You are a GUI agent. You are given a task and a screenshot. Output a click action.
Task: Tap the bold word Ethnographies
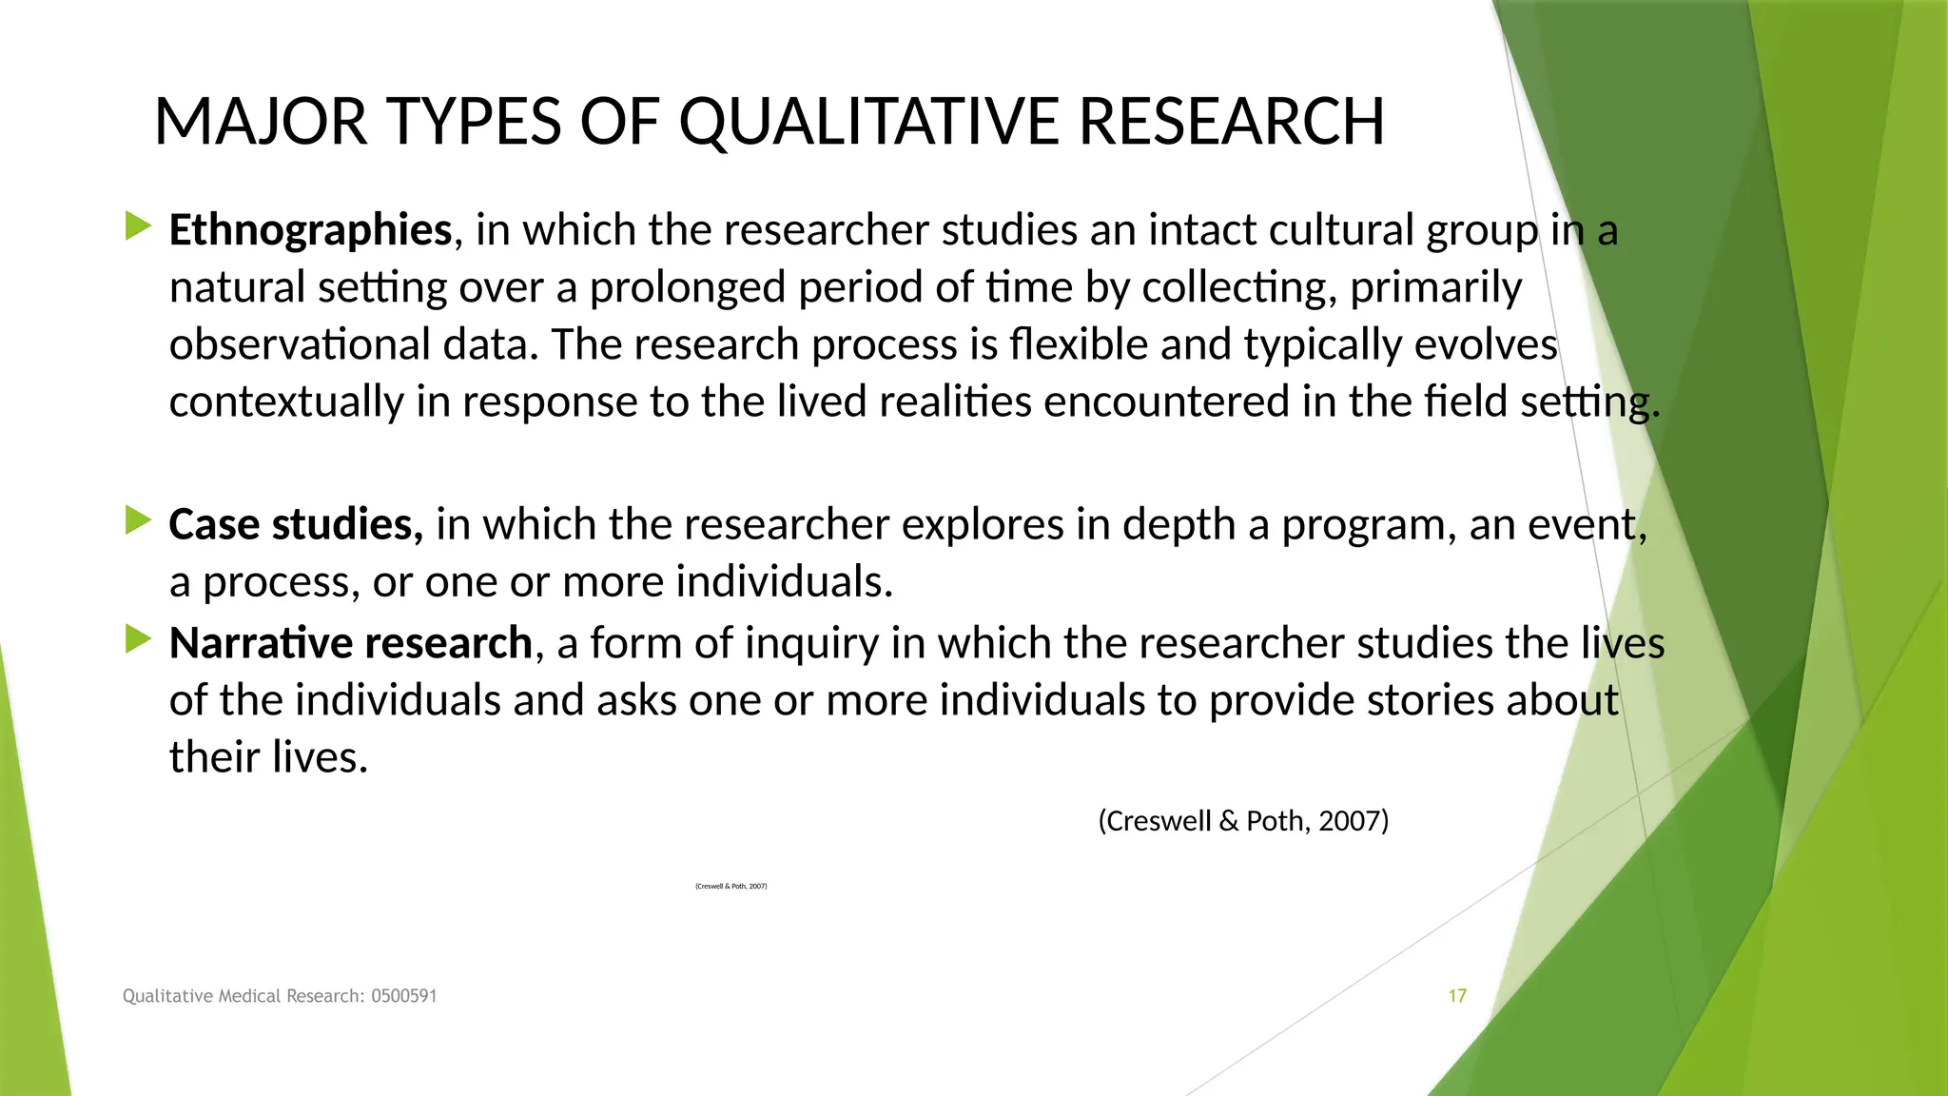pyautogui.click(x=310, y=230)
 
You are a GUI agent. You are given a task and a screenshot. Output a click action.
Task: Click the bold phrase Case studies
pyautogui.click(x=295, y=524)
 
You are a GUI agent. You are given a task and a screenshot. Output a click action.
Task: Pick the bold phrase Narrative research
pyautogui.click(x=350, y=643)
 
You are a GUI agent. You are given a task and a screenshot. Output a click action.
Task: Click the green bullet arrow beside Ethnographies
pyautogui.click(x=138, y=226)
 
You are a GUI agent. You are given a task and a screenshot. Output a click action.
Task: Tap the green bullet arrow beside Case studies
pyautogui.click(x=138, y=520)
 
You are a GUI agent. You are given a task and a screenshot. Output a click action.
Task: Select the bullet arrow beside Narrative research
pyautogui.click(x=138, y=639)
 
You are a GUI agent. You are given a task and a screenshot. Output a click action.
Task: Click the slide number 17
pyautogui.click(x=1457, y=996)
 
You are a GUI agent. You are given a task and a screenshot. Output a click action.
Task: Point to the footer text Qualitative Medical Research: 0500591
pyautogui.click(x=280, y=996)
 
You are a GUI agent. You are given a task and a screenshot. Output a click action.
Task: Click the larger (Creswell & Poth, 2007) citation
pyautogui.click(x=1243, y=820)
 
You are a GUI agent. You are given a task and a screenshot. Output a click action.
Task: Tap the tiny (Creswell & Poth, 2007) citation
pyautogui.click(x=730, y=887)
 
